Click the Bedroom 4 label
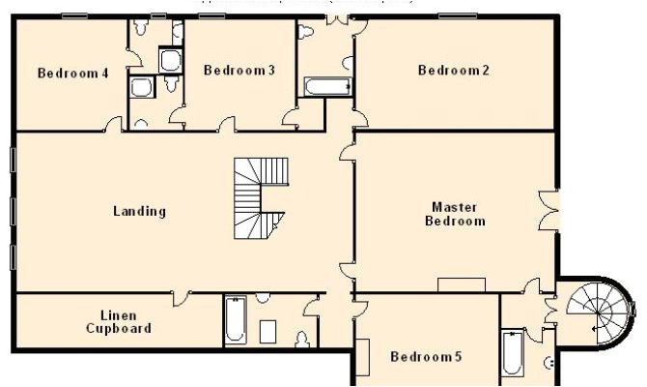(72, 73)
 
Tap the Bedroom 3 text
(239, 70)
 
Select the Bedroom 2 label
(454, 70)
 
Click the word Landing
(139, 211)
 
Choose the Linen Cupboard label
(119, 322)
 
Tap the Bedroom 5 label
(426, 357)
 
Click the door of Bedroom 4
(114, 126)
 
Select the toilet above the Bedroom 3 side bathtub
(307, 33)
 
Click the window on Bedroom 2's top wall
(454, 15)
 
